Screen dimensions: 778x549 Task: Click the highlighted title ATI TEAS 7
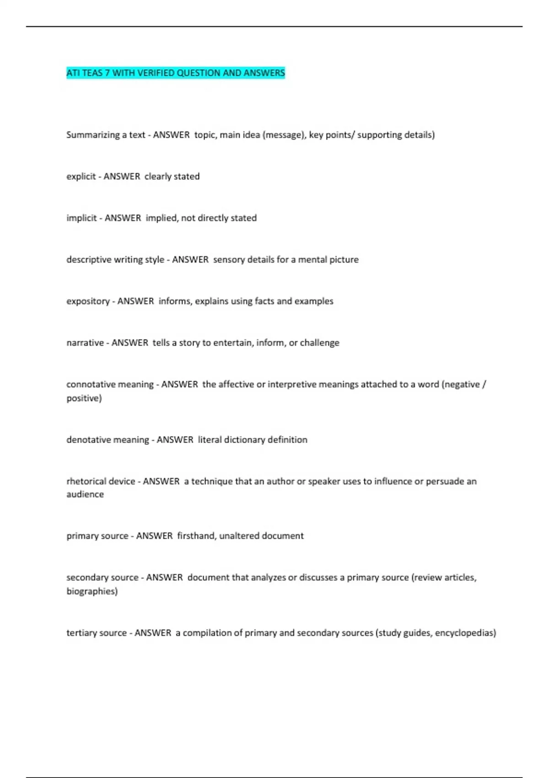pos(175,73)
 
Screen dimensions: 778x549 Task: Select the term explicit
pos(81,177)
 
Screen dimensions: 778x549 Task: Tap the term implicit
pos(81,218)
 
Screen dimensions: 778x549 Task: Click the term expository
pos(88,301)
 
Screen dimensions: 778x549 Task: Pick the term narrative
pos(85,343)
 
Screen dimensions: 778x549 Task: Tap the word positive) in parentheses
pos(84,398)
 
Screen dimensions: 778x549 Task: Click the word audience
pos(85,494)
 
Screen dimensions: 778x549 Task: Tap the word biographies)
pos(92,591)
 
